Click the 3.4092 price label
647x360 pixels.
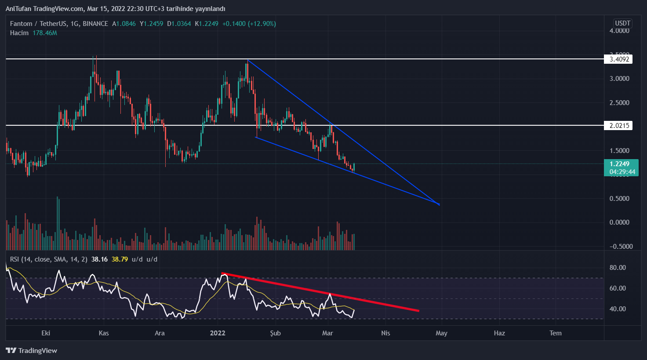[x=619, y=59]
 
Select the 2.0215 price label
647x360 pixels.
[x=619, y=126]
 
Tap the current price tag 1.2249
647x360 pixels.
[x=620, y=164]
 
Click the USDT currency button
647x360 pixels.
[x=622, y=23]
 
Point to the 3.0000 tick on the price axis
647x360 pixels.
[x=619, y=79]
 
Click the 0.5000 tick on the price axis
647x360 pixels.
[x=619, y=199]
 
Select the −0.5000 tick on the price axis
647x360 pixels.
[x=621, y=247]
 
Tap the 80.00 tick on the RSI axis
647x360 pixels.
[x=618, y=268]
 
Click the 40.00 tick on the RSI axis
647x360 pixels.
[x=618, y=309]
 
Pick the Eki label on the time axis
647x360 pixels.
[x=46, y=333]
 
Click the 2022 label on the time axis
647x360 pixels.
[x=218, y=333]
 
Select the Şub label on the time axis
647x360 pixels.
[x=275, y=333]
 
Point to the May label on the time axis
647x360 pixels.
[x=441, y=333]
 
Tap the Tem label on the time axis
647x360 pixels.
[x=556, y=333]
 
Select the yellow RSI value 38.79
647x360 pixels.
[x=120, y=259]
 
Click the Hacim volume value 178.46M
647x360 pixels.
[x=45, y=33]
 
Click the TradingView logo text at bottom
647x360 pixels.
[x=32, y=351]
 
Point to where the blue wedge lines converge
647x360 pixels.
[x=439, y=204]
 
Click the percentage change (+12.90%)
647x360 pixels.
[x=262, y=24]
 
